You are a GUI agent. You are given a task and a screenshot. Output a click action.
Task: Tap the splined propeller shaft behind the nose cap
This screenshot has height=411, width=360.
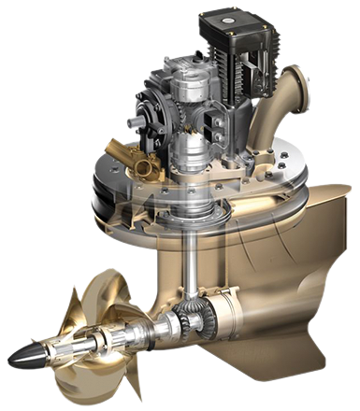click(65, 346)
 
